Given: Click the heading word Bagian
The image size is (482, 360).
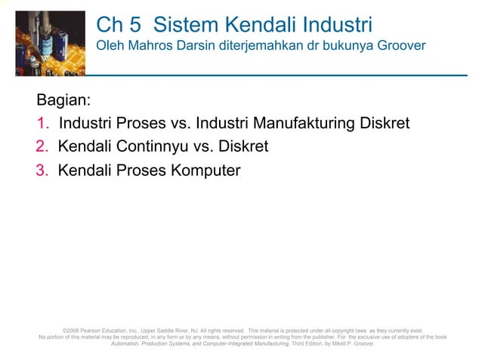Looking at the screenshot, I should [63, 100].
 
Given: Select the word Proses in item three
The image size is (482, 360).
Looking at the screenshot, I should [142, 170].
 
